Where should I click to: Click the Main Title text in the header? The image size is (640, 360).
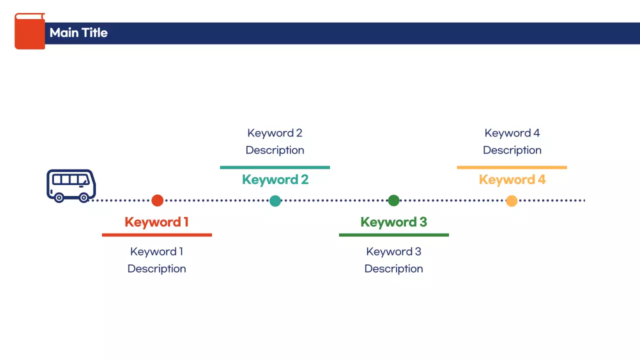click(78, 33)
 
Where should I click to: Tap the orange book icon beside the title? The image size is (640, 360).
click(29, 31)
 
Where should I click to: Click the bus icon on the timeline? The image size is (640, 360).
click(71, 185)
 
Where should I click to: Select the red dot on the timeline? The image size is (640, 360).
click(157, 200)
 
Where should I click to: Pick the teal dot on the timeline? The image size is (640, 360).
click(275, 200)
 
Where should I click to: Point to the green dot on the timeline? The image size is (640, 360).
click(393, 200)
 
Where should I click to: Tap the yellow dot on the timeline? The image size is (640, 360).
click(511, 200)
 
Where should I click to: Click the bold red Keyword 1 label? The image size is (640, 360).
click(156, 222)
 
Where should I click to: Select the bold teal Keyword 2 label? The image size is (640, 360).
click(275, 179)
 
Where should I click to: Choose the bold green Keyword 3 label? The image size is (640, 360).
click(393, 222)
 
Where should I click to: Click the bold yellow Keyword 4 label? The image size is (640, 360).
click(512, 179)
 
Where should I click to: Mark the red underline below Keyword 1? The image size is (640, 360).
click(156, 234)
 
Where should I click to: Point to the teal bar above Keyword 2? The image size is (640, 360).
click(275, 167)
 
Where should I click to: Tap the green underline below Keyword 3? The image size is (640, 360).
click(393, 234)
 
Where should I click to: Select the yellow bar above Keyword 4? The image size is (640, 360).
click(512, 167)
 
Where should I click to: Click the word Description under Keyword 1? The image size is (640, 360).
click(156, 268)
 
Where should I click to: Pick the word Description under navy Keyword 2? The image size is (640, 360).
click(275, 150)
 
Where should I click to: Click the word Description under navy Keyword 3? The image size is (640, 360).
click(393, 268)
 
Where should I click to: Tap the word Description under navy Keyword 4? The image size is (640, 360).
click(512, 150)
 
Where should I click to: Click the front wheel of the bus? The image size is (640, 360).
click(84, 197)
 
